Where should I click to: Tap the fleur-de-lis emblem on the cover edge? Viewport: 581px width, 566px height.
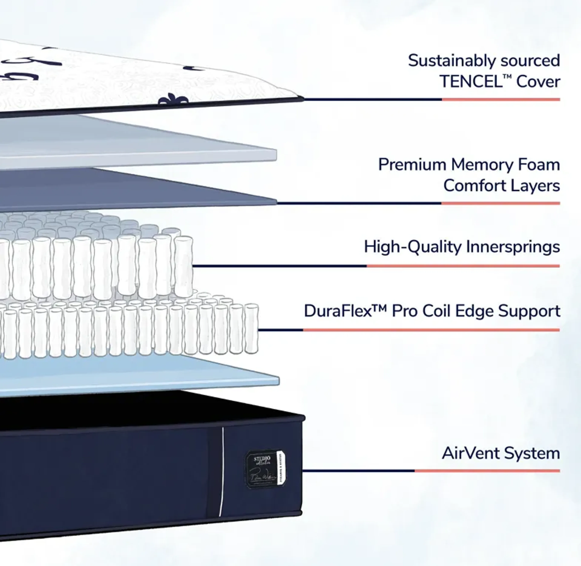(173, 100)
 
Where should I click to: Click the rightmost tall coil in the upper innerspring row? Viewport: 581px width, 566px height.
(183, 266)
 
